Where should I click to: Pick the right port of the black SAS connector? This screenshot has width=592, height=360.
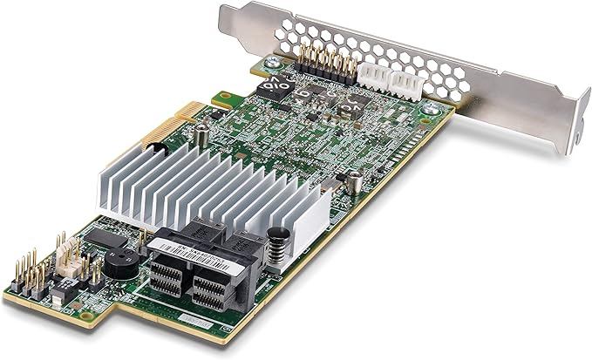coord(212,288)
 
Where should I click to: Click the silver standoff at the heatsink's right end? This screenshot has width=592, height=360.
coord(355,183)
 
